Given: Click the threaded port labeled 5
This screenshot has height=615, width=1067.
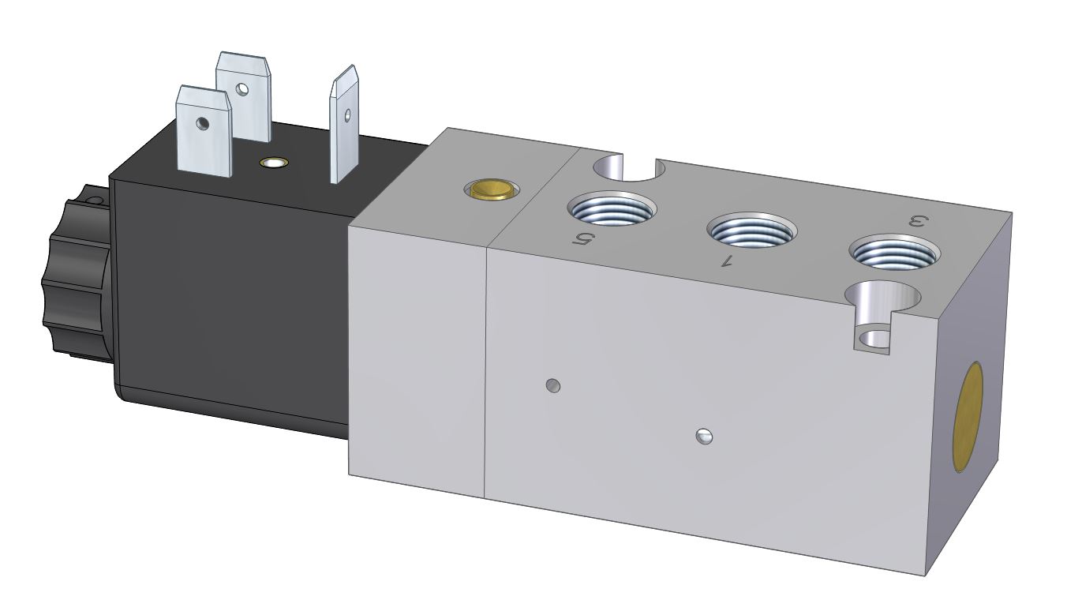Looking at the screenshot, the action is (612, 208).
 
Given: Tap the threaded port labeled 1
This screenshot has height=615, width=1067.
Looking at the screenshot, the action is (752, 230).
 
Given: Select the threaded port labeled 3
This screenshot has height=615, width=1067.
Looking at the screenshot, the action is (894, 253).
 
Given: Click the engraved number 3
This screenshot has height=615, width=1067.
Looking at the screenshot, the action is (919, 222).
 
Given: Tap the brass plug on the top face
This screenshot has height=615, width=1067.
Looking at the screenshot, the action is (492, 189).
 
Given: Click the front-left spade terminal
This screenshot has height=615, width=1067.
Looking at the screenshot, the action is (204, 131).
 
